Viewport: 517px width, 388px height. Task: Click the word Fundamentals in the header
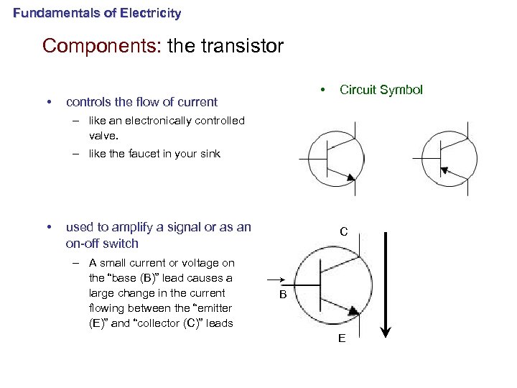click(x=49, y=13)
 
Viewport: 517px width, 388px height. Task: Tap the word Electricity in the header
click(x=152, y=13)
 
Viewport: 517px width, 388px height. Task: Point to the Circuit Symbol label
click(x=381, y=90)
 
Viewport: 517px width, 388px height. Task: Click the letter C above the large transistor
click(x=344, y=232)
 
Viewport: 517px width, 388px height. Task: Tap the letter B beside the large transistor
click(x=283, y=295)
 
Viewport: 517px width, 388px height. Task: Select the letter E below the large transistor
click(x=343, y=338)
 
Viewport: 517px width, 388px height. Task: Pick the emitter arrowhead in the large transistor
click(x=354, y=309)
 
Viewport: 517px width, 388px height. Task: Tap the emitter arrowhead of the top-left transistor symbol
click(x=350, y=177)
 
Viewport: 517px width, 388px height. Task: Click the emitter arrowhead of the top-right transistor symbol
click(x=444, y=170)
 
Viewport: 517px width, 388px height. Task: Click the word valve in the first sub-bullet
click(x=102, y=135)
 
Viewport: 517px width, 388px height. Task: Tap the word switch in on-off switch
click(x=122, y=244)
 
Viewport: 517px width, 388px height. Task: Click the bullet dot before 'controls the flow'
click(x=47, y=102)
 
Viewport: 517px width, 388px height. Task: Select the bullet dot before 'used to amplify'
click(x=47, y=228)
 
